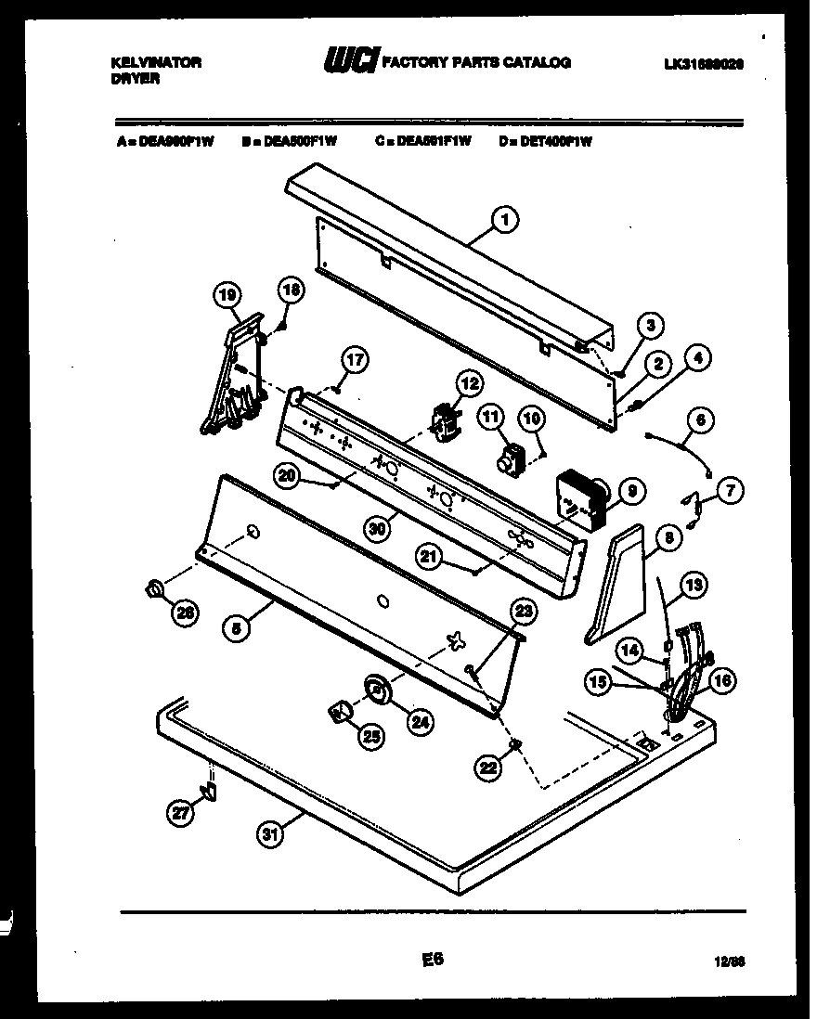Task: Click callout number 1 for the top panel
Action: pos(506,220)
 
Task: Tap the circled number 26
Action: pos(186,613)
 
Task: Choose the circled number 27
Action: pos(182,813)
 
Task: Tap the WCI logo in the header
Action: pos(350,63)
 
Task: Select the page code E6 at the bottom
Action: pos(431,961)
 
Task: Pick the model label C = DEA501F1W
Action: pos(424,141)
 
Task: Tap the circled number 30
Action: pos(375,527)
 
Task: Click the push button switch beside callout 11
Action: pos(509,458)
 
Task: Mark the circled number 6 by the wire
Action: pos(702,419)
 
